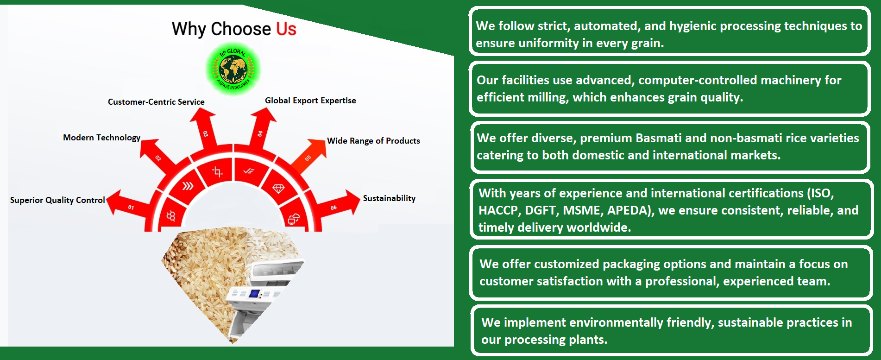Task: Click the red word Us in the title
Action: point(286,29)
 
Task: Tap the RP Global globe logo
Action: point(233,69)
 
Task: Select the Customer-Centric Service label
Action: point(156,102)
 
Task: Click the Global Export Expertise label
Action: point(310,101)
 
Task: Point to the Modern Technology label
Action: point(101,138)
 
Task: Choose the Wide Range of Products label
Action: point(373,141)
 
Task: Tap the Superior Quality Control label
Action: point(57,200)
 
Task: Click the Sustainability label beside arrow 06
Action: point(389,198)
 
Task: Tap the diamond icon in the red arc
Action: point(278,188)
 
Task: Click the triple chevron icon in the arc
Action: point(188,186)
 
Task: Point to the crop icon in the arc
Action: point(217,172)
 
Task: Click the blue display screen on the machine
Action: point(254,293)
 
